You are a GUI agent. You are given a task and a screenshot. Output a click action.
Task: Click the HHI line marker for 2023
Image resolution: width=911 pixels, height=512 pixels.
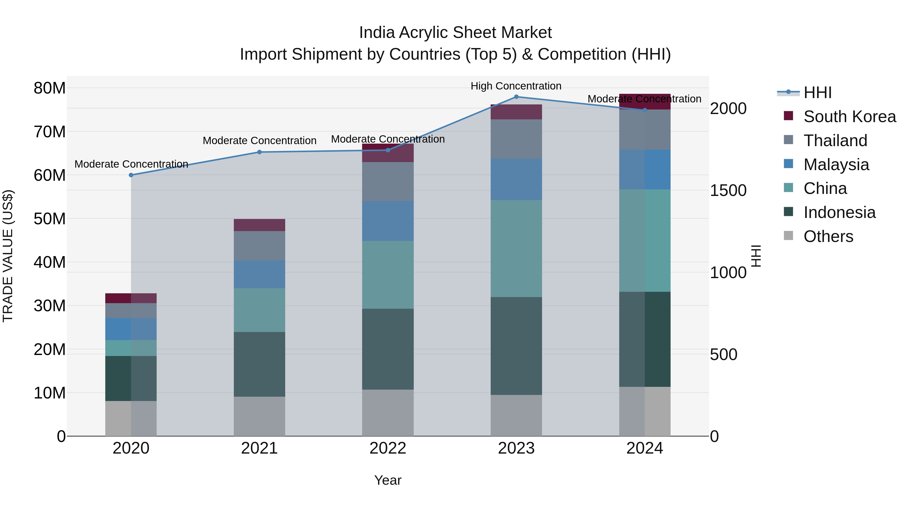click(516, 97)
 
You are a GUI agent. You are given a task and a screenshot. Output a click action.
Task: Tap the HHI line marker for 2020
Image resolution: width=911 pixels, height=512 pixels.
click(131, 175)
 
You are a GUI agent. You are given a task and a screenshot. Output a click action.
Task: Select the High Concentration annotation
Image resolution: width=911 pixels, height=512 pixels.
click(516, 86)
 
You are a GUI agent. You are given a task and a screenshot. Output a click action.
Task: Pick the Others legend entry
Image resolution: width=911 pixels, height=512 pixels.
click(828, 236)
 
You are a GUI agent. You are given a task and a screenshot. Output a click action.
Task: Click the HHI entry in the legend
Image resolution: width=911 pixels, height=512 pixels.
click(817, 93)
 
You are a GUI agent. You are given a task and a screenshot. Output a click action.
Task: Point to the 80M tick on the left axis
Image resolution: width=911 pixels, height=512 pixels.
click(50, 88)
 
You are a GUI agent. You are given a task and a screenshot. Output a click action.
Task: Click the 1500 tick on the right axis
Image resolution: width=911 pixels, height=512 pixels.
click(728, 190)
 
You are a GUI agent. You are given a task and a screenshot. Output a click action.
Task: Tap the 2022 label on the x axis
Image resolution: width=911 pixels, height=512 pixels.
click(388, 448)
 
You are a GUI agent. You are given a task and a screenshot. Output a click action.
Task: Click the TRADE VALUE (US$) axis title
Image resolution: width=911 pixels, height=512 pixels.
click(8, 256)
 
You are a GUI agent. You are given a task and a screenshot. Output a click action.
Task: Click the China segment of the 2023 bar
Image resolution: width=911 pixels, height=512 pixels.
click(516, 248)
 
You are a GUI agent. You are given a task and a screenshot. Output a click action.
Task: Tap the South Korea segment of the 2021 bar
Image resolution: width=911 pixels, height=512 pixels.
click(259, 225)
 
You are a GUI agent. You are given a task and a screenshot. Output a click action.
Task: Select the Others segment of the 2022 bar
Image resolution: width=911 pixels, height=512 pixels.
click(388, 413)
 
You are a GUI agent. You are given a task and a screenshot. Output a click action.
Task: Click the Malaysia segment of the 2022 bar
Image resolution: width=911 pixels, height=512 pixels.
click(388, 221)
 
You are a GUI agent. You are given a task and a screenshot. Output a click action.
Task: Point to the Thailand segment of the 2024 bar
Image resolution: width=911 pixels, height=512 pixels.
click(645, 130)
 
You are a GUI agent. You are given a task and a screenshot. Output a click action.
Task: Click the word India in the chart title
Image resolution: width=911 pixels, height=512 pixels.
click(377, 33)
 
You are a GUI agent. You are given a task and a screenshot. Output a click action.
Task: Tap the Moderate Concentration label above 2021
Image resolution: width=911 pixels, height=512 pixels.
click(259, 141)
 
